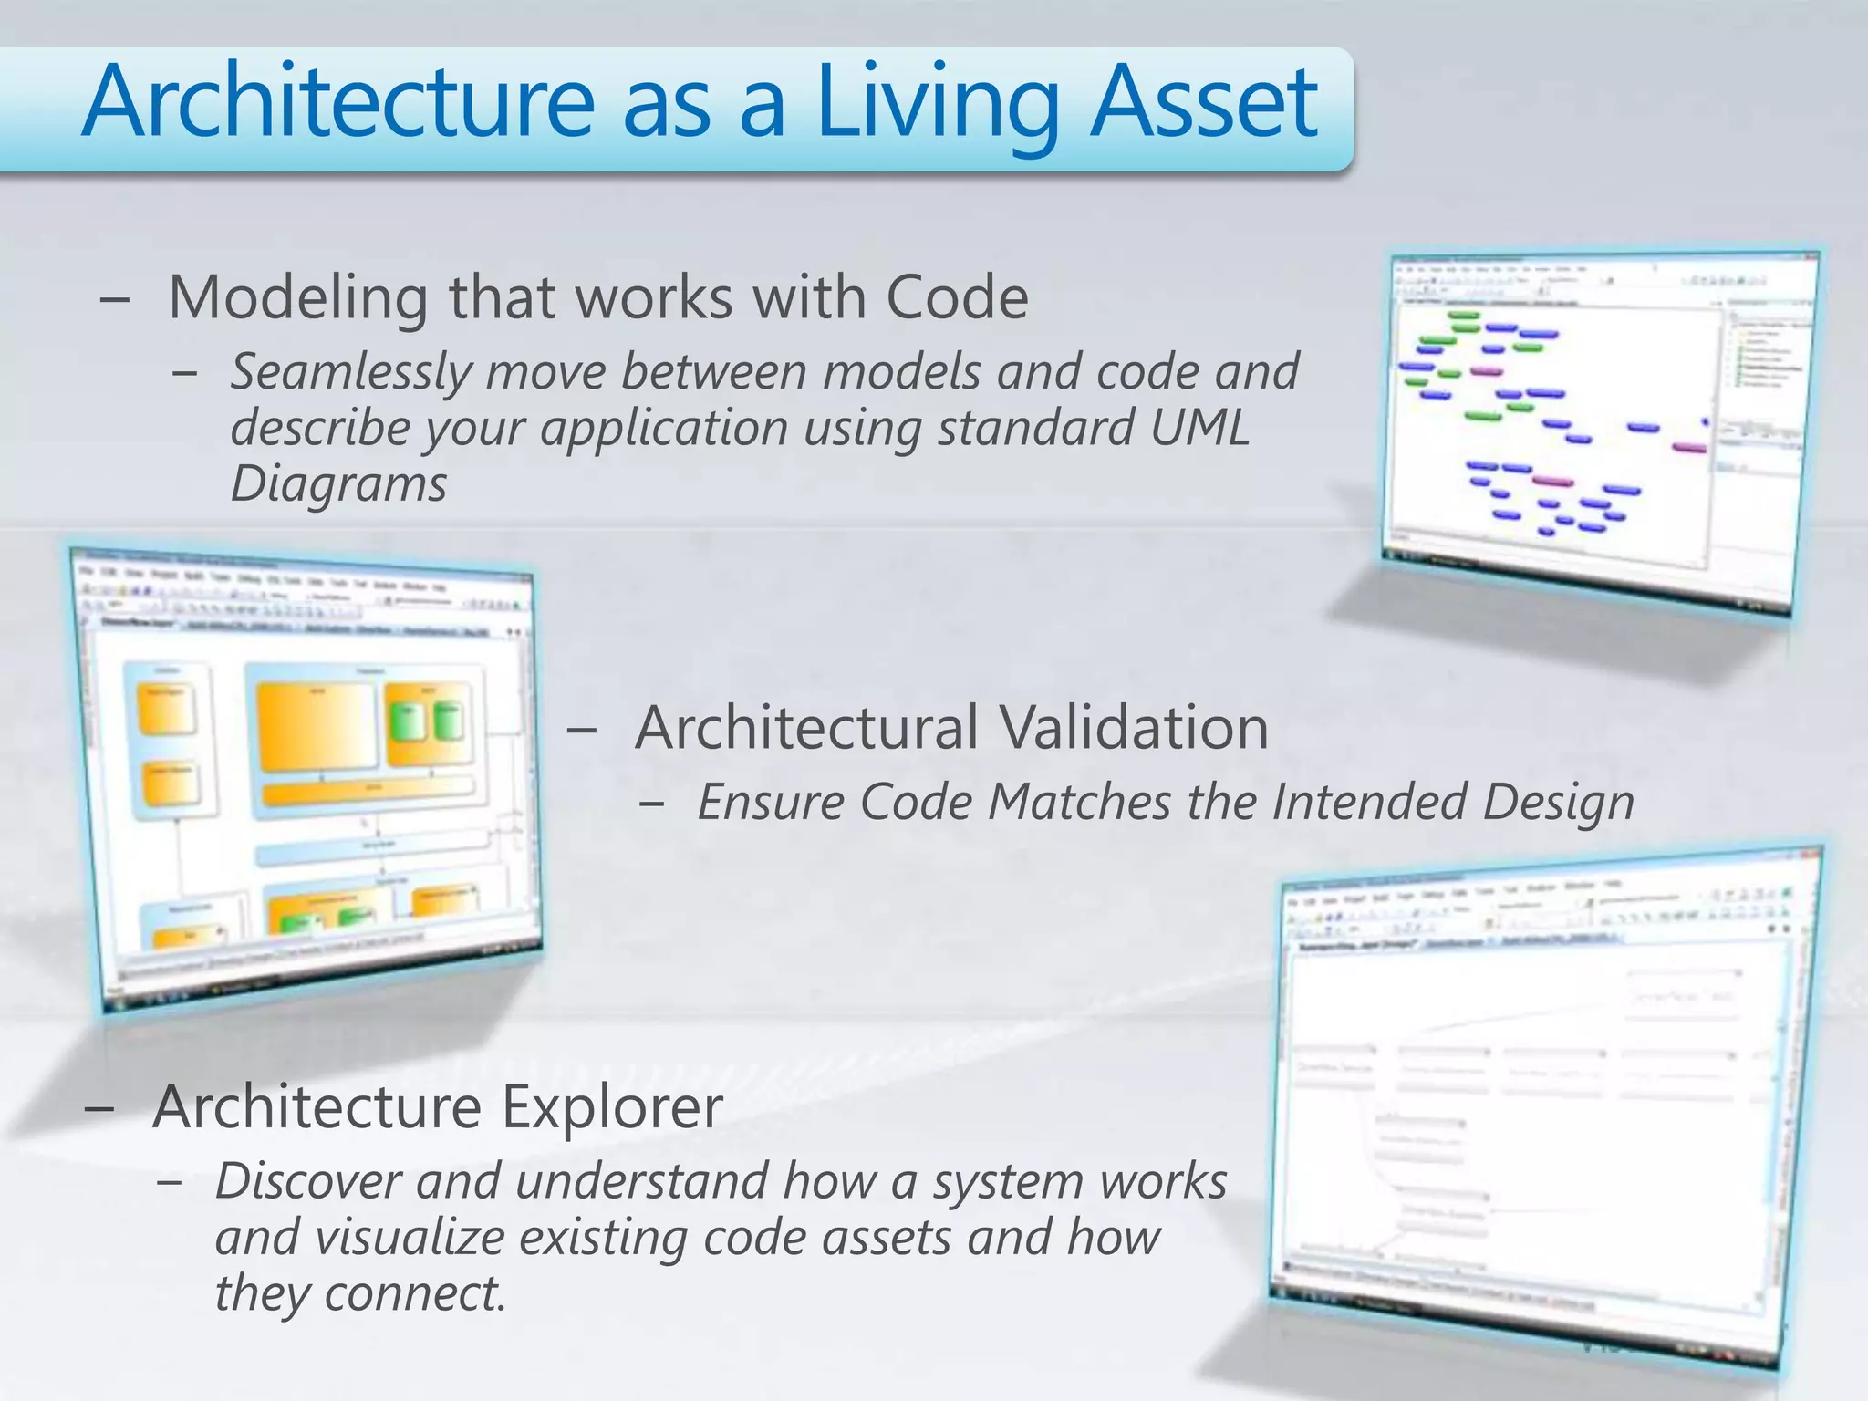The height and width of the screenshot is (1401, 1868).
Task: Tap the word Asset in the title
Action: coord(1203,102)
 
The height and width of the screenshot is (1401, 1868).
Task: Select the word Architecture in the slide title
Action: coord(337,102)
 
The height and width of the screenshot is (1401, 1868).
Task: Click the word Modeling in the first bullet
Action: coord(298,298)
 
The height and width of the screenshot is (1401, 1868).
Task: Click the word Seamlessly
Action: coord(350,373)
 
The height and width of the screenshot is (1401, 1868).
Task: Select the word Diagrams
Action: coord(338,483)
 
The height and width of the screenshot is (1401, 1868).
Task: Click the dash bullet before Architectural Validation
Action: coord(581,730)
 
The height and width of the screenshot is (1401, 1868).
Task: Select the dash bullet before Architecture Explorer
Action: coord(99,1109)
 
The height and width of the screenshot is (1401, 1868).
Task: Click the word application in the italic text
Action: coord(664,428)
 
